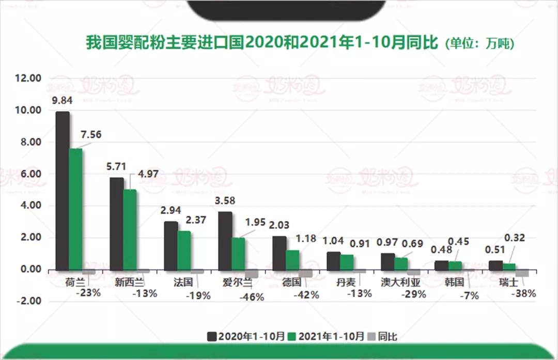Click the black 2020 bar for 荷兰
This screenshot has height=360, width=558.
coord(63,191)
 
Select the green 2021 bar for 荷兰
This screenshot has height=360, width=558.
coord(76,209)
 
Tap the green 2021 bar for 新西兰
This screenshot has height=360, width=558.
coord(130,229)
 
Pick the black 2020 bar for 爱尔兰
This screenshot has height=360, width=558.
coord(225,241)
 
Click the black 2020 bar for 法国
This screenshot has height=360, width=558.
coord(171,245)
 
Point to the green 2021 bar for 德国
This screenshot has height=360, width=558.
coord(292,260)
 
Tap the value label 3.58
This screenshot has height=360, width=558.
coord(225,200)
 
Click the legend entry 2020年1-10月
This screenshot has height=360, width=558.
coord(246,336)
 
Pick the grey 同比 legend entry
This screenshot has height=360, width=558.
coord(382,336)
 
